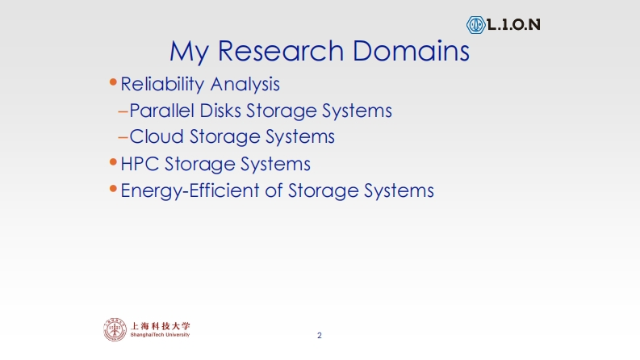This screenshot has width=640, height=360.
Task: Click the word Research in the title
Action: click(281, 51)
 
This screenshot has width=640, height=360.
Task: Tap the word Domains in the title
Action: click(411, 51)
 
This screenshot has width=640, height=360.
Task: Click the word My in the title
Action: click(190, 52)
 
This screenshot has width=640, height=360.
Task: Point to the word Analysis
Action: click(245, 84)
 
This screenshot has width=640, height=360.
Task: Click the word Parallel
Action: click(161, 111)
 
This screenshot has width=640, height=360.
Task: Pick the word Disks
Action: click(220, 111)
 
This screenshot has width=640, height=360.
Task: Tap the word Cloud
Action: click(157, 136)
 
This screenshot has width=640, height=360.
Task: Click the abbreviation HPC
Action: click(140, 164)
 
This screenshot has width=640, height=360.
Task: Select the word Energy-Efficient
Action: click(190, 191)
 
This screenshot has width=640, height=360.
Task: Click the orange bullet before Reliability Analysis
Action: click(114, 82)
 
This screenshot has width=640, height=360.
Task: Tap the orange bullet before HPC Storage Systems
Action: click(114, 162)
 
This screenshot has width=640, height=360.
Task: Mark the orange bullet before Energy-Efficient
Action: click(114, 189)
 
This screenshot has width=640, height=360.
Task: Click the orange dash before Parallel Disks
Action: click(123, 111)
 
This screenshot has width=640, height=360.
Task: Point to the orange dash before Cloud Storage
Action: click(123, 138)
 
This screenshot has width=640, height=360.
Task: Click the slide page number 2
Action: click(320, 336)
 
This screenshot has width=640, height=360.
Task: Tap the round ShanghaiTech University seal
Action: click(115, 329)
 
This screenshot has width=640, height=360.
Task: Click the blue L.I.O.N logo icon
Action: click(475, 25)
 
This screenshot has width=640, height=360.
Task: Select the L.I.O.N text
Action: click(514, 25)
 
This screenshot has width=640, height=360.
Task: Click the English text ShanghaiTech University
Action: click(160, 335)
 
